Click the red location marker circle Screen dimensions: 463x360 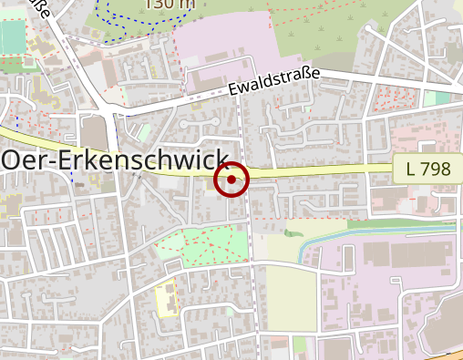[231, 179]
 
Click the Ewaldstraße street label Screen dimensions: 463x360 [274, 82]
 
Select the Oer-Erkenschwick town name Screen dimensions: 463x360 [115, 159]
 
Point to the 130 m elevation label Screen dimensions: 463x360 [170, 5]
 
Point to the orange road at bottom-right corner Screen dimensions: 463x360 [447, 355]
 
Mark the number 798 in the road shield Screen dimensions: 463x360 [436, 169]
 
